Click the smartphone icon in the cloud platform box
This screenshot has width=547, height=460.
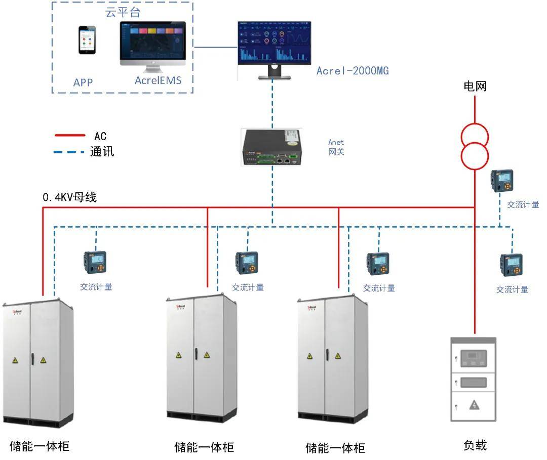coord(87,40)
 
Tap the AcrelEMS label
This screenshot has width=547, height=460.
coord(158,80)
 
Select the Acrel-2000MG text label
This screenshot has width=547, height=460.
coord(353,71)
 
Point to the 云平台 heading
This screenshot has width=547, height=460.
coord(123,13)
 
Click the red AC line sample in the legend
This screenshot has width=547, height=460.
coord(70,136)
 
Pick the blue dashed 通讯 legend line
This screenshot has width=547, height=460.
coord(70,151)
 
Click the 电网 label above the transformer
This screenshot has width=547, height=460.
coord(475,86)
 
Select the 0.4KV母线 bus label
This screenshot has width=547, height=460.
coord(69,197)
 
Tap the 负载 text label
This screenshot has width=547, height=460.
coord(475,445)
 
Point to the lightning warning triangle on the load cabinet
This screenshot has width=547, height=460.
coord(474,404)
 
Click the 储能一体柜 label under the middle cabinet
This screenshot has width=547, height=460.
coord(204,447)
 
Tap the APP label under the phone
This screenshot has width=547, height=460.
coord(83,82)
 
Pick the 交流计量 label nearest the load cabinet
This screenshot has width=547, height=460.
coord(512,289)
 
